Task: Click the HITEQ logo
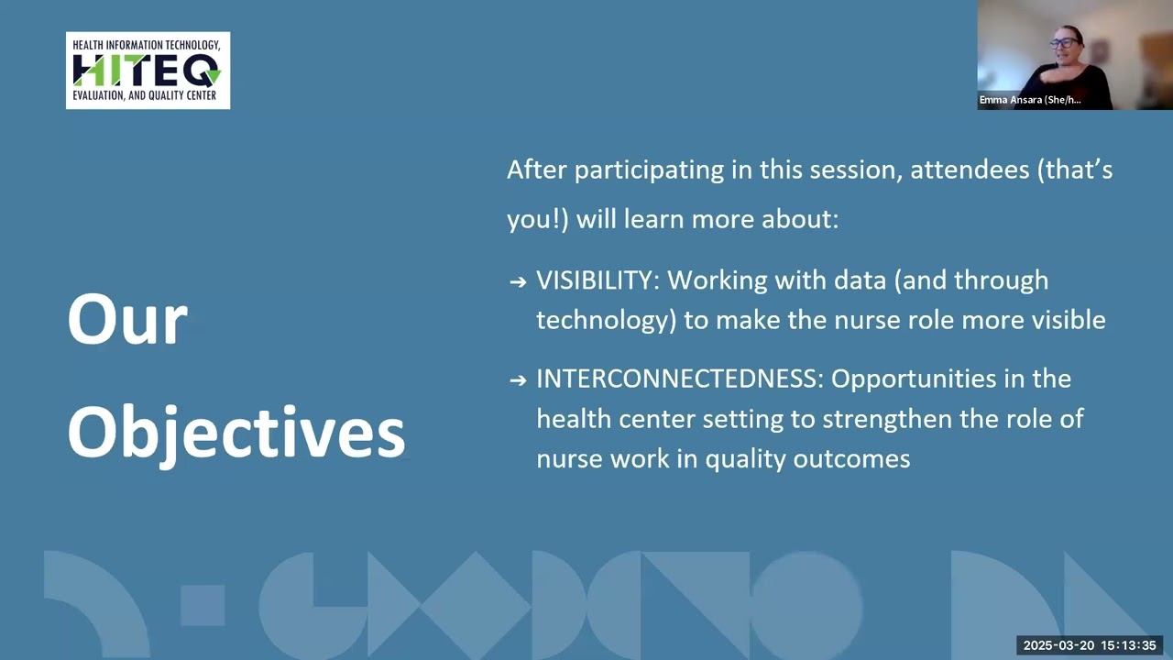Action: (x=148, y=71)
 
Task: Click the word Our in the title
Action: (x=127, y=320)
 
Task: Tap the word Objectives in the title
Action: (x=236, y=431)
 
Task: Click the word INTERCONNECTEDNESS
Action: (x=680, y=379)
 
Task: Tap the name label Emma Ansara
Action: (x=1029, y=100)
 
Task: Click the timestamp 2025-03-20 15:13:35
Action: (x=1090, y=645)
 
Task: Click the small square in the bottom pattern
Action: (x=203, y=605)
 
